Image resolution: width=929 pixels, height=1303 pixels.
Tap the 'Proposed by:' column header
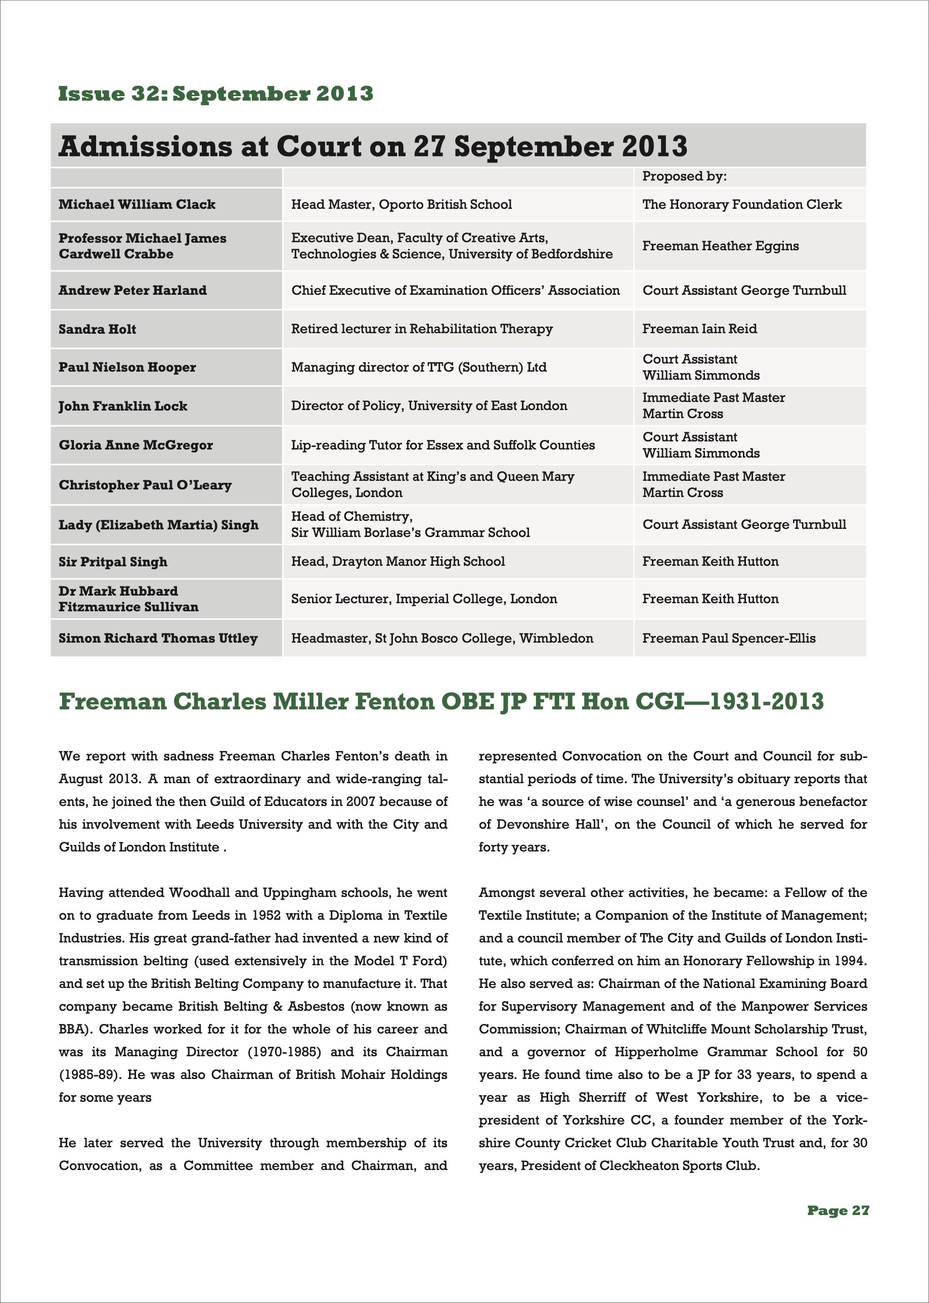(684, 176)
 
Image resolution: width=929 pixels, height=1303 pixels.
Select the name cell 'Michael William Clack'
(137, 205)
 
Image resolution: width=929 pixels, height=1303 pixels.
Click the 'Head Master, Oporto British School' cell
(401, 205)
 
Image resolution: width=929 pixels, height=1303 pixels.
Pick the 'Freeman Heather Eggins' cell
(720, 246)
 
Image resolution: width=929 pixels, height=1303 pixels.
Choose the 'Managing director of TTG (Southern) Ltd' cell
(419, 367)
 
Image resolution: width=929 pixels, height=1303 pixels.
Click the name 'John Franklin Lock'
(122, 406)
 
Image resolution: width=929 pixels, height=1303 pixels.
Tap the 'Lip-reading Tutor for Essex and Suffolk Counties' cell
(443, 445)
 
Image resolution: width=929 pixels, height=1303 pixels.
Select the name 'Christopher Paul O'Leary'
(145, 485)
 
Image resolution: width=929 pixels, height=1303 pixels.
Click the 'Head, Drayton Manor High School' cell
(397, 562)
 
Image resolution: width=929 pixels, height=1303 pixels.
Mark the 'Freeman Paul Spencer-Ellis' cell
(729, 638)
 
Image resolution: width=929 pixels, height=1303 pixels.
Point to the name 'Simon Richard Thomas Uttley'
(158, 638)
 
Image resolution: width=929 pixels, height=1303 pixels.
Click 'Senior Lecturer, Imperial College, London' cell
(424, 599)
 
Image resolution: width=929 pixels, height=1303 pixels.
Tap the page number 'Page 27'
(838, 1210)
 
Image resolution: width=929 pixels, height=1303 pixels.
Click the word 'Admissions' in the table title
(145, 147)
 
